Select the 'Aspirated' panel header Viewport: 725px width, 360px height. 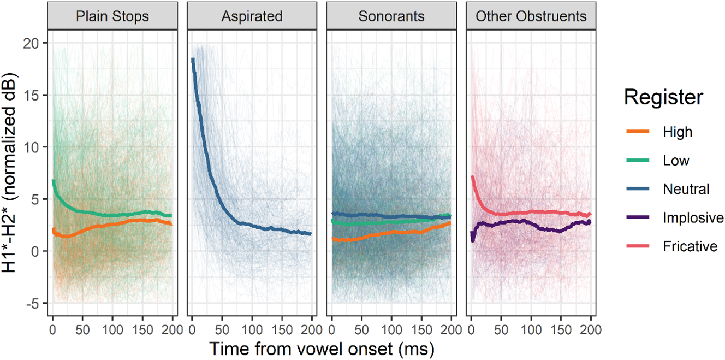point(252,16)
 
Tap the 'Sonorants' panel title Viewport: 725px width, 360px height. point(391,16)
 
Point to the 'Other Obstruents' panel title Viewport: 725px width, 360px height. point(531,16)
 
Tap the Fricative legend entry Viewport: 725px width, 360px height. point(689,246)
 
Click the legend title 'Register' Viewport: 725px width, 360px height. point(663,98)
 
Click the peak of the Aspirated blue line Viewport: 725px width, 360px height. point(193,59)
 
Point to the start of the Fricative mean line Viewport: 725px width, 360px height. point(472,176)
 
